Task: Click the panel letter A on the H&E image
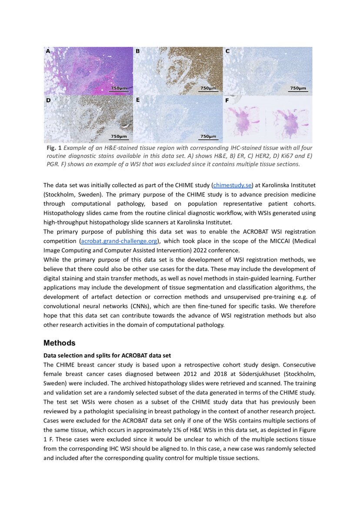coord(48,51)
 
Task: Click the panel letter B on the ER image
coord(137,51)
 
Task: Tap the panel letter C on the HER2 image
coord(227,51)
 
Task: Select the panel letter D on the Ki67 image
coord(48,100)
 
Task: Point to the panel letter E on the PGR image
coord(137,100)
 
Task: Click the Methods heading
coord(59,343)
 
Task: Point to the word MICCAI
coord(266,240)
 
